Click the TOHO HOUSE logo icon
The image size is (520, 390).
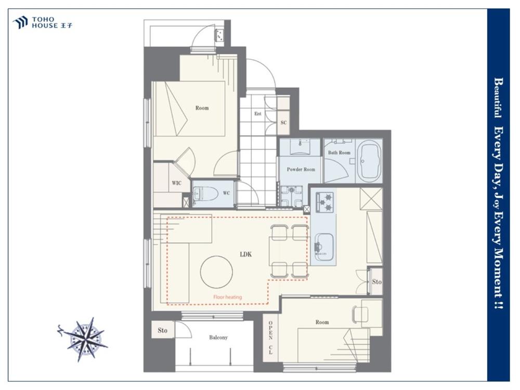tap(20, 22)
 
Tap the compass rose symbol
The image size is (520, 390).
tap(84, 339)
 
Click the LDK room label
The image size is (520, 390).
tap(246, 254)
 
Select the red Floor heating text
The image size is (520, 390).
tap(228, 297)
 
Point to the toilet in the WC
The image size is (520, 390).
tap(205, 193)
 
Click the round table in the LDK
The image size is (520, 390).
tap(216, 271)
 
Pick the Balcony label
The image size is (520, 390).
tap(218, 337)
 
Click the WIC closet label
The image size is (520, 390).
tap(176, 183)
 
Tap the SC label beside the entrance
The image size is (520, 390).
tap(283, 123)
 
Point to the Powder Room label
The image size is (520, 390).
tap(301, 169)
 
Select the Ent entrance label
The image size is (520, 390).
tap(258, 114)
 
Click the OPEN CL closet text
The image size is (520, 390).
tap(270, 337)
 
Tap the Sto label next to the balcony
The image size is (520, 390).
tap(162, 330)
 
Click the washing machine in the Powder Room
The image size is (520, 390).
tap(292, 196)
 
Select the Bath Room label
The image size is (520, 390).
tap(339, 152)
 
